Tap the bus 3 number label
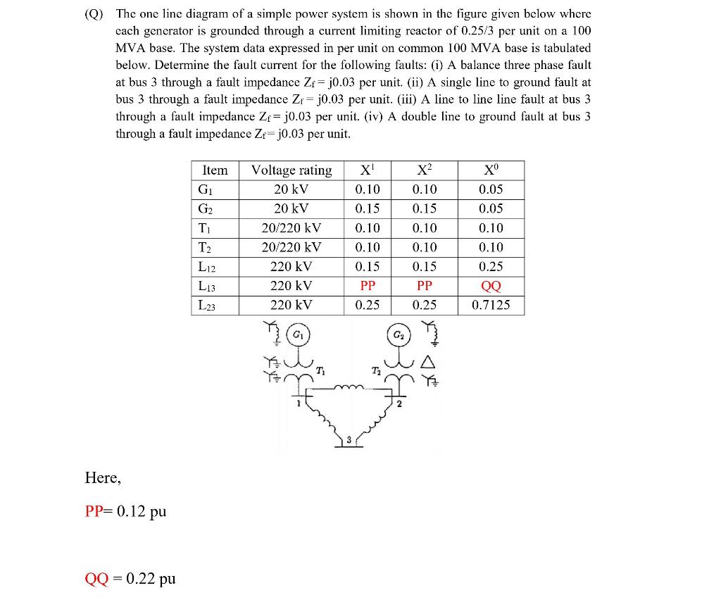(348, 439)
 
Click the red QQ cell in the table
(491, 286)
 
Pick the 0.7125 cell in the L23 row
(491, 305)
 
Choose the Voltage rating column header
(291, 170)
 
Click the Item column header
(215, 170)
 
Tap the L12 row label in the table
(206, 267)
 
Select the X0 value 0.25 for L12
(491, 267)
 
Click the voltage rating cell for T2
(291, 247)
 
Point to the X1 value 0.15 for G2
(368, 208)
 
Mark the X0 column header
(491, 170)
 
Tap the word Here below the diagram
(102, 478)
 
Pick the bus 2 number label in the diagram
(399, 404)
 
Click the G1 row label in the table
(205, 189)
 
